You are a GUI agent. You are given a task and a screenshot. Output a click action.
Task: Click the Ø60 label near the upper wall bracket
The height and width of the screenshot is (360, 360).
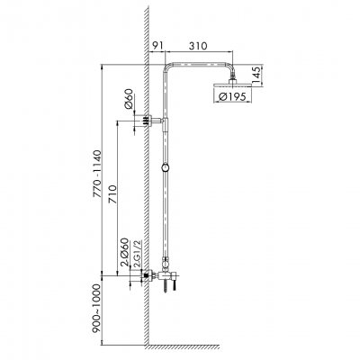click(129, 99)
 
